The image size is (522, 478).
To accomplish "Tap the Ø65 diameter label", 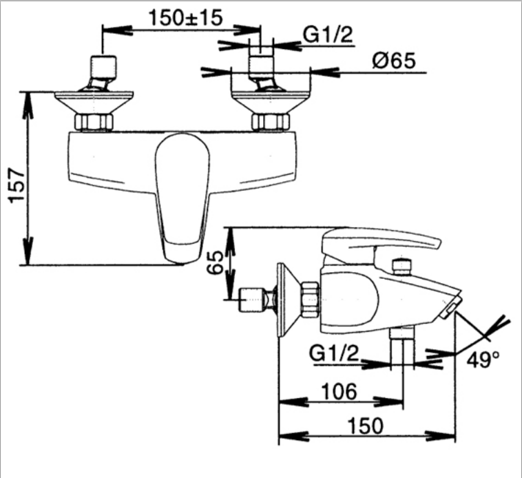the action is pyautogui.click(x=394, y=61).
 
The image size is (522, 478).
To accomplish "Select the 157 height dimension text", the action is pyautogui.click(x=17, y=186).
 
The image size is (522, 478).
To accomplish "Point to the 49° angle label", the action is pyautogui.click(x=483, y=360).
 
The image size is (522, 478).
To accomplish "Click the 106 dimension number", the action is pyautogui.click(x=340, y=391).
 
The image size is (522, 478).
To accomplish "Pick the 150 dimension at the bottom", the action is pyautogui.click(x=366, y=426).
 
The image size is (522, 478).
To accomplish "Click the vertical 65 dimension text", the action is pyautogui.click(x=215, y=263).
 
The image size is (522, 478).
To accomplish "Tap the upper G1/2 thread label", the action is pyautogui.click(x=328, y=34).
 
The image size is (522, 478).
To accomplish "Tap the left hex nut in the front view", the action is pyautogui.click(x=94, y=122).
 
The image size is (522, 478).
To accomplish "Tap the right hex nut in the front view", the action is pyautogui.click(x=271, y=122).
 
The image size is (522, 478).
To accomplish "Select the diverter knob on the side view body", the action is pyautogui.click(x=401, y=267).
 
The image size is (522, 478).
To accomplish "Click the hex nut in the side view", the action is pyautogui.click(x=311, y=300).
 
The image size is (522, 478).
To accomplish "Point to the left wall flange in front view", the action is pyautogui.click(x=94, y=103).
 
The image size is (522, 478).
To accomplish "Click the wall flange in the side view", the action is pyautogui.click(x=286, y=300).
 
